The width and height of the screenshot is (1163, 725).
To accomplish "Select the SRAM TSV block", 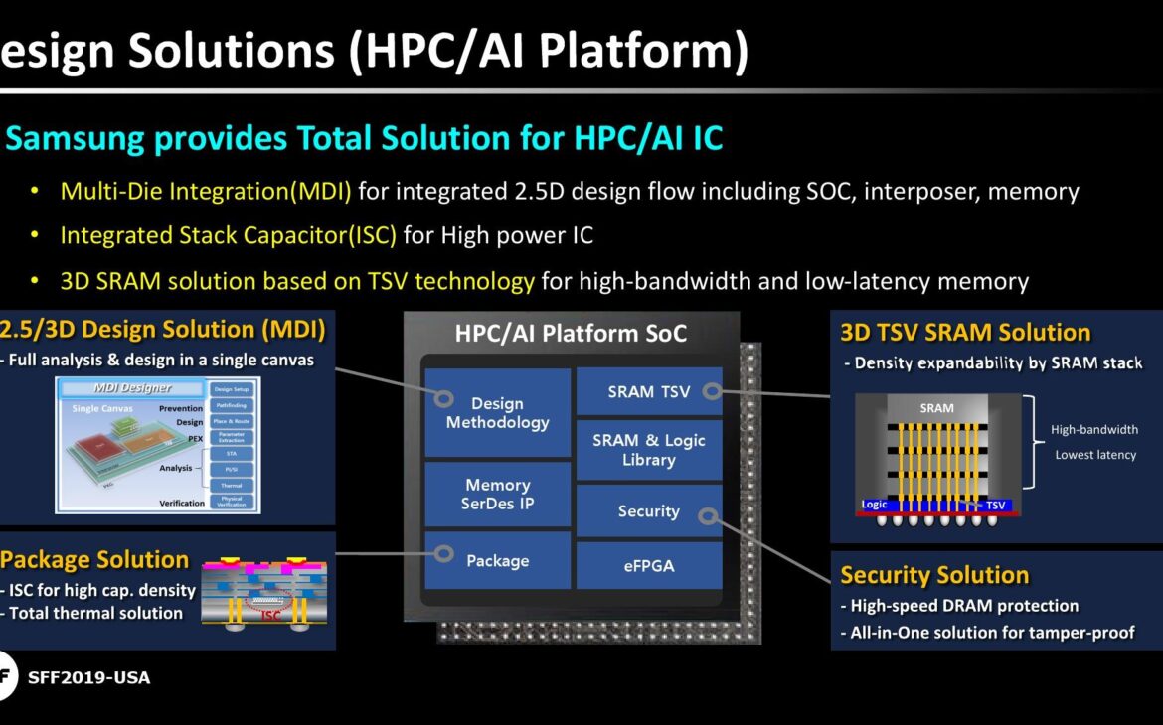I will (x=648, y=392).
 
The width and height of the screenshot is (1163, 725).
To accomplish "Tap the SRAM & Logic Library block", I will (x=648, y=450).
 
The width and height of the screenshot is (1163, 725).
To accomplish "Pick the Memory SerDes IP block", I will (x=497, y=494).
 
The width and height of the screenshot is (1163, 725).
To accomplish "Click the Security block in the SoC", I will (x=648, y=511).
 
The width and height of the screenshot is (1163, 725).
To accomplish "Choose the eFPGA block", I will (x=648, y=565).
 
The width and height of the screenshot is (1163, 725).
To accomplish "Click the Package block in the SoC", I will (x=497, y=560).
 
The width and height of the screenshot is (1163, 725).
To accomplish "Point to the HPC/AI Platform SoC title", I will (x=571, y=334).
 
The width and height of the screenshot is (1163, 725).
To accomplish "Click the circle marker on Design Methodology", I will (x=444, y=399).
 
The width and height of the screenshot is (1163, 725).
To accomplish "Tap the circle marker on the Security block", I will (x=706, y=516).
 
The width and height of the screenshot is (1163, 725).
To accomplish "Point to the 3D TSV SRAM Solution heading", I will (x=965, y=333).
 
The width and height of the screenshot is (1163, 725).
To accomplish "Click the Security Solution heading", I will (x=934, y=575).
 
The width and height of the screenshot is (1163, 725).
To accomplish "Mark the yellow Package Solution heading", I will (x=94, y=559).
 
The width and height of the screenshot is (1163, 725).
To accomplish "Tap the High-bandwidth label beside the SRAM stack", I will (x=1094, y=430).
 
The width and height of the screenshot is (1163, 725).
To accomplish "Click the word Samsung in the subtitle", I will (x=76, y=138).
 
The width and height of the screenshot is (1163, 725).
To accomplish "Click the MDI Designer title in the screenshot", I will (x=132, y=387).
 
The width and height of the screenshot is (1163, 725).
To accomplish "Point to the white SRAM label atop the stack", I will (x=936, y=408).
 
